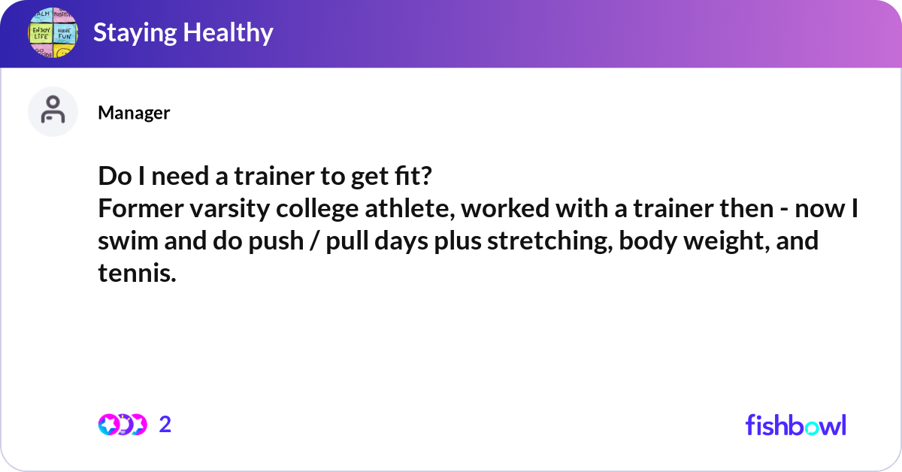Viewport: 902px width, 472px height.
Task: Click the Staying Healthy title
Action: tap(183, 32)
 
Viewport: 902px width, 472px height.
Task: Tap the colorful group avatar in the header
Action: tap(53, 33)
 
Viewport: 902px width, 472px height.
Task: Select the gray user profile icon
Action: tap(53, 111)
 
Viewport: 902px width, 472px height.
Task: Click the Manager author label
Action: tap(134, 113)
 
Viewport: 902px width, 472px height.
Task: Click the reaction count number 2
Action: tap(165, 425)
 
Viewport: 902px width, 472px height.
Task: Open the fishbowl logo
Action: tap(795, 425)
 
